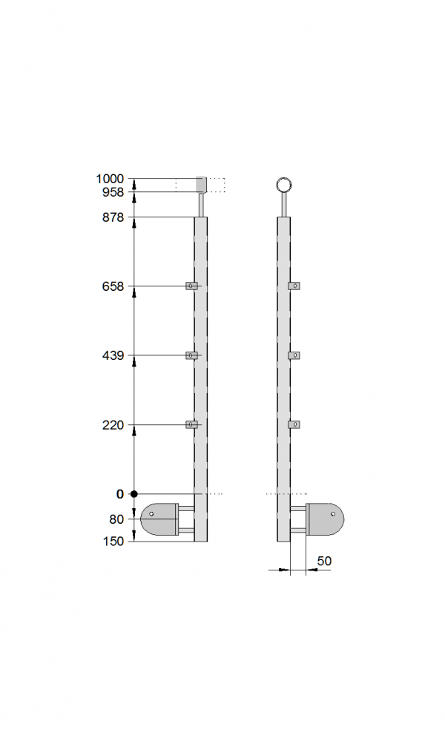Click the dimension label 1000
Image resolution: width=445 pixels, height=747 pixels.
pos(110,179)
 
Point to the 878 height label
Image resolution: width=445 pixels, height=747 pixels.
pos(113,217)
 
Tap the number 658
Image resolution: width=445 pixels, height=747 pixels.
pos(113,286)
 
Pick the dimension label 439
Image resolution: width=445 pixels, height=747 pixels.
pos(113,355)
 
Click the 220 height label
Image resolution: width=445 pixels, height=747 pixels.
pos(113,424)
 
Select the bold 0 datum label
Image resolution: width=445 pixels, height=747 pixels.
pos(119,494)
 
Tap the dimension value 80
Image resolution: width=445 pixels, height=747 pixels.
pos(116,519)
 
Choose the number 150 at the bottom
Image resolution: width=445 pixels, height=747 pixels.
pos(113,542)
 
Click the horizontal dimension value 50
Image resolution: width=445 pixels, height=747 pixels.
pos(324,561)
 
